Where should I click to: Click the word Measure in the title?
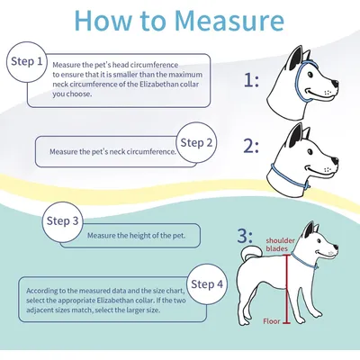(229, 21)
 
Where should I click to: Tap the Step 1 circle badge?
(27, 62)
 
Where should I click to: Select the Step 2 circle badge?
(196, 142)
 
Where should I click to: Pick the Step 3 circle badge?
(62, 221)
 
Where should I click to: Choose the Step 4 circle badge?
(207, 284)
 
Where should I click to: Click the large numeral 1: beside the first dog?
(251, 80)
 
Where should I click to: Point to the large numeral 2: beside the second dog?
(251, 147)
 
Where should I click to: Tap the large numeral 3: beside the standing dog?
(245, 236)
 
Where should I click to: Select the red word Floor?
(272, 321)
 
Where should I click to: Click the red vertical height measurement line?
(286, 289)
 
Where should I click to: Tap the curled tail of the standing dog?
(251, 253)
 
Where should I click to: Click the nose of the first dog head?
(335, 83)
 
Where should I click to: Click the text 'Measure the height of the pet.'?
(136, 236)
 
